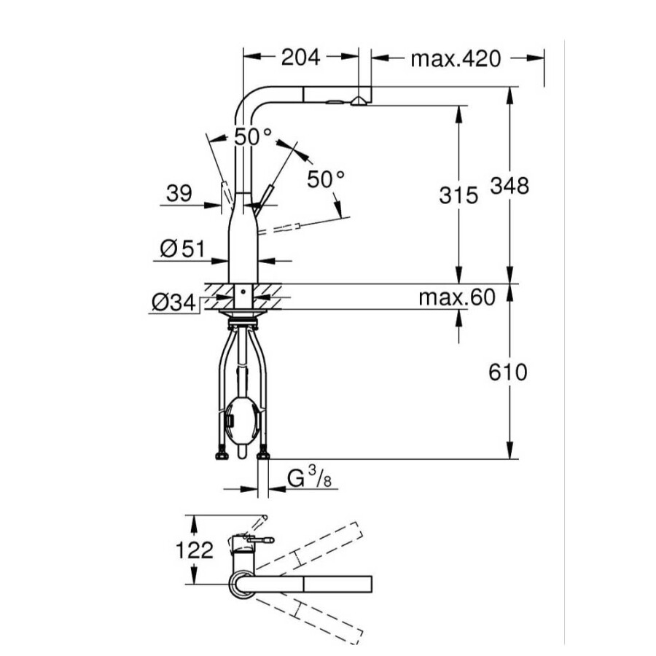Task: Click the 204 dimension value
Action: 300,58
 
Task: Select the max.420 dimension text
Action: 456,58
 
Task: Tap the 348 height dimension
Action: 509,186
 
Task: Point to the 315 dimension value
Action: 458,195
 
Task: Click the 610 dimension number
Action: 508,372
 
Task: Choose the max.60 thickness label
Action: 457,297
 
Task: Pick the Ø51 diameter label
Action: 183,249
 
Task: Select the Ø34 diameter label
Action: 173,302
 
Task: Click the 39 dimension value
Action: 179,193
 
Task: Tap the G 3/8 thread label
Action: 309,477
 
